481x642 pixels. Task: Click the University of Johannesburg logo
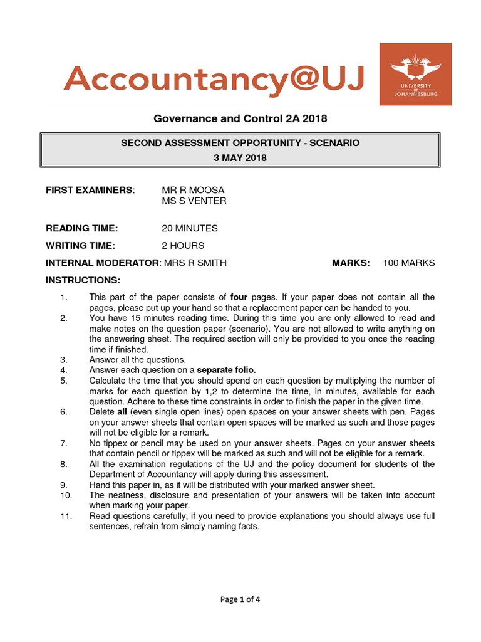tap(415, 74)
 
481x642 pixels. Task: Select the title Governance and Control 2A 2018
tap(240, 118)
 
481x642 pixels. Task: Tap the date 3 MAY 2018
tap(240, 158)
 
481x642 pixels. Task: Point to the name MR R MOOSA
tap(193, 190)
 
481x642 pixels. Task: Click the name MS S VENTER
tap(194, 201)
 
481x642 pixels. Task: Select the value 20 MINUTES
tap(190, 228)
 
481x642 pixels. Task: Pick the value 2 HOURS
tap(183, 246)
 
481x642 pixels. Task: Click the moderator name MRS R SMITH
tap(195, 263)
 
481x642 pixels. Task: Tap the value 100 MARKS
tap(408, 263)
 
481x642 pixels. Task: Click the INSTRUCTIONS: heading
tap(83, 280)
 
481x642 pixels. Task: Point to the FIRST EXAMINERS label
tap(90, 190)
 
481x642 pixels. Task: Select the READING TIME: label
tap(81, 228)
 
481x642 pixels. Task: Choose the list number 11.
tap(63, 516)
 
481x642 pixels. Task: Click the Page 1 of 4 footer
tap(240, 599)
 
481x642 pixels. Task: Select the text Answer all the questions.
tap(137, 360)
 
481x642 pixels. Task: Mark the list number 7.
tap(64, 443)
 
